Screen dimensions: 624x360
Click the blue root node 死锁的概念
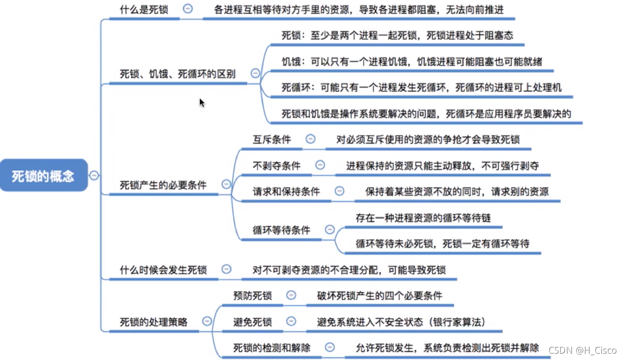tap(44, 175)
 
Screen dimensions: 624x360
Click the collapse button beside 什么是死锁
tap(188, 9)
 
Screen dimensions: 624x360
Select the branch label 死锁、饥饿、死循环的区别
tap(178, 74)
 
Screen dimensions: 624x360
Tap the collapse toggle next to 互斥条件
tap(311, 139)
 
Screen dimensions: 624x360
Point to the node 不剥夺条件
tap(277, 166)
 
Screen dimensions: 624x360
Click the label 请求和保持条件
tap(286, 192)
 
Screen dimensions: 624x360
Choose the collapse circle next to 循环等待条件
tap(329, 229)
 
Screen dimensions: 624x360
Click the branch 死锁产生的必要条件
tap(163, 185)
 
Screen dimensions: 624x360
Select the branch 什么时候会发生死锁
tap(163, 270)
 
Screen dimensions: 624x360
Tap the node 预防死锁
tap(252, 295)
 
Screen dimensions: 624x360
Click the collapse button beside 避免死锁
tap(291, 321)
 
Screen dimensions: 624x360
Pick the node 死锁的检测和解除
tap(272, 348)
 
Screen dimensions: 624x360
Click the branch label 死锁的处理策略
tap(153, 322)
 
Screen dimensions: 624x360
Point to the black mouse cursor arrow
tap(202, 102)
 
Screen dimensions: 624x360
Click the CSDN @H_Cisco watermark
tap(582, 350)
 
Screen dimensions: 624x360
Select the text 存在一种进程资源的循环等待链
tap(423, 218)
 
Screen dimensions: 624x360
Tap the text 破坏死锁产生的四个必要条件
tap(379, 295)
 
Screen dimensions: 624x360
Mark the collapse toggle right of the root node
tap(94, 175)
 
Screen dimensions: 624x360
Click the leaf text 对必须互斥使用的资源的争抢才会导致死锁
tap(428, 139)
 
